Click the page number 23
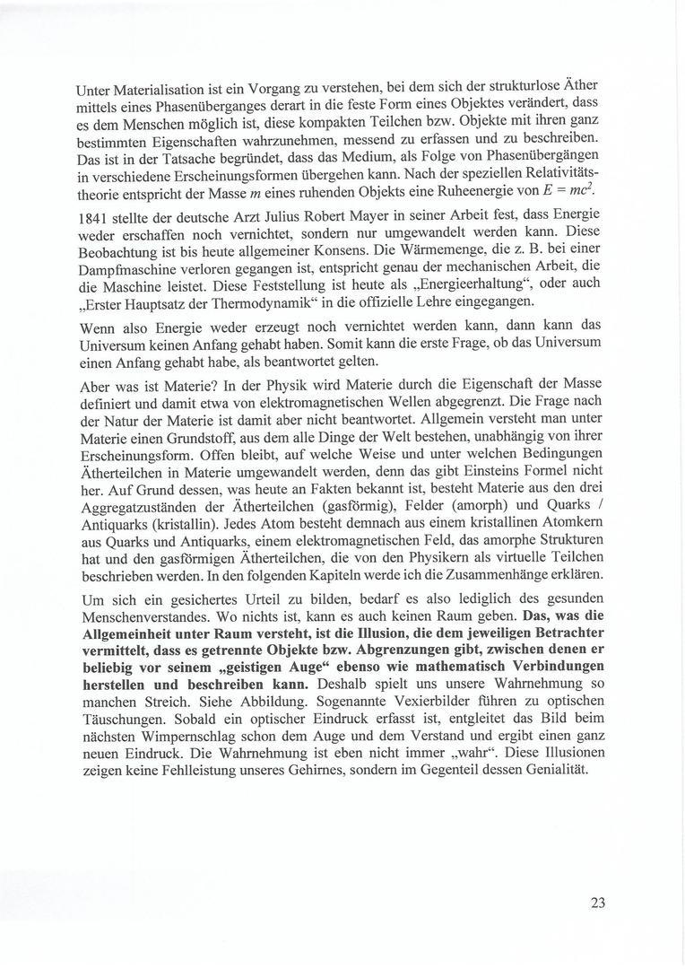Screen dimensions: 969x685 pyautogui.click(x=598, y=903)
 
